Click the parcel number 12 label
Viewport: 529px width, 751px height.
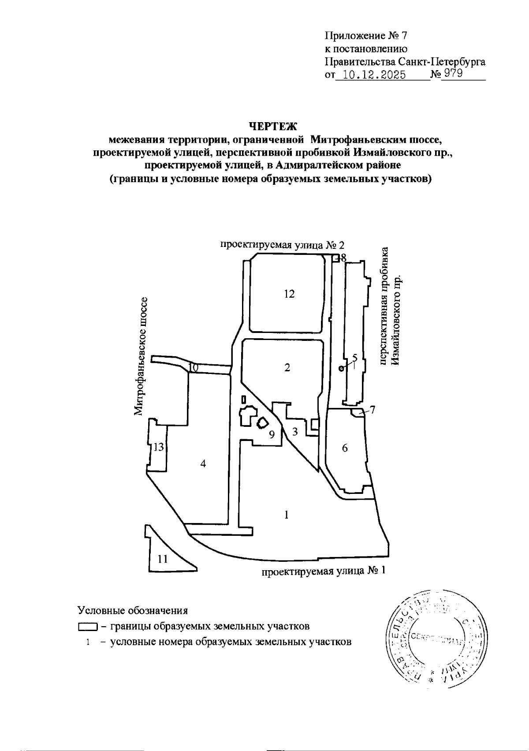[x=289, y=294]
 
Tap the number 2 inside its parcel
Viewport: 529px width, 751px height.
[x=287, y=367]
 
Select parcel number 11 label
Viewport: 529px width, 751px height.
[x=163, y=559]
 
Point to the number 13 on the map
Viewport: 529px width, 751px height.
[x=158, y=448]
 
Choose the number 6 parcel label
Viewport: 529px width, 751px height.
[x=345, y=448]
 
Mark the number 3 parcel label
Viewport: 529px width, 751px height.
[x=295, y=432]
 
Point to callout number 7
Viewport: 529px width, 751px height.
[x=373, y=410]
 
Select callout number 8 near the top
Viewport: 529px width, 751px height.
[x=343, y=257]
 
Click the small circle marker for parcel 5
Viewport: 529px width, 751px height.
[x=341, y=369]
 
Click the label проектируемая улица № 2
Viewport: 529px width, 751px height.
[x=282, y=245]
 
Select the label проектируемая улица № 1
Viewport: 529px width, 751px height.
[x=324, y=571]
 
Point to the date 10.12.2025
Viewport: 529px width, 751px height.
[x=374, y=75]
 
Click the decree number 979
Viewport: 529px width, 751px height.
[x=453, y=74]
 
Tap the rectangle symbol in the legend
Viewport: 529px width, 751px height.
[x=88, y=627]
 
